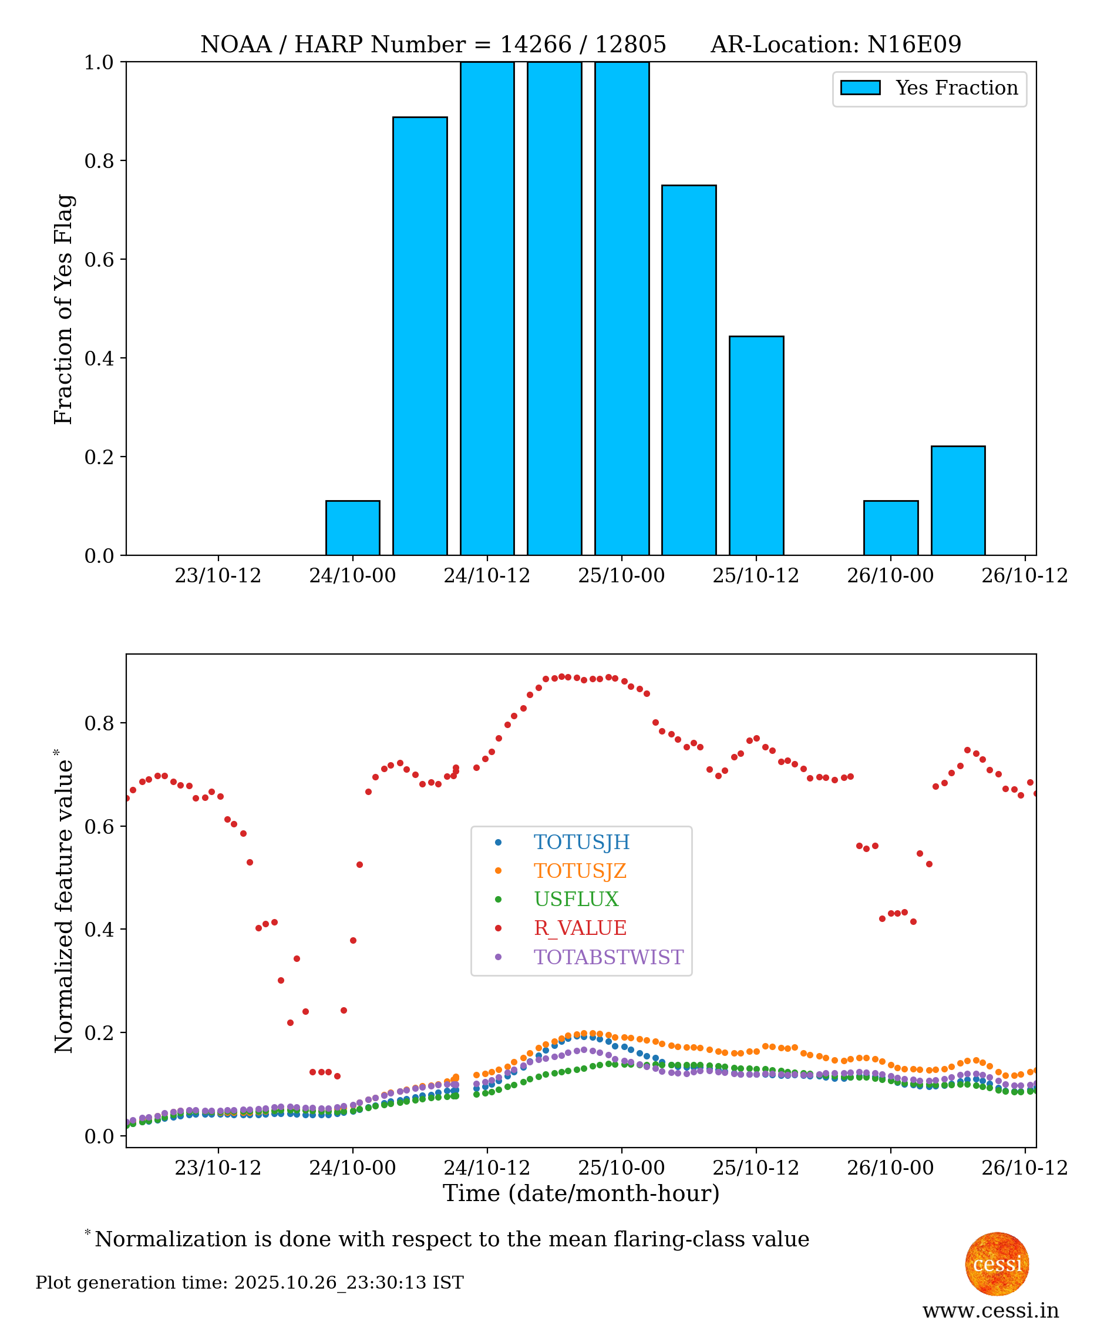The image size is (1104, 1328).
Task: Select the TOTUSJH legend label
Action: click(581, 842)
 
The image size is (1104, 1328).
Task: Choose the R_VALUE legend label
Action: click(580, 928)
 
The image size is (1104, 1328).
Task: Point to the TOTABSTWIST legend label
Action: click(608, 957)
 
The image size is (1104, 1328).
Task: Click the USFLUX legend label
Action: click(575, 899)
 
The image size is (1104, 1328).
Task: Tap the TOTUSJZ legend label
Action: click(580, 871)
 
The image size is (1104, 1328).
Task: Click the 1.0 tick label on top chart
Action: click(99, 63)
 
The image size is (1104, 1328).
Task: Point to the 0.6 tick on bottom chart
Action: click(99, 827)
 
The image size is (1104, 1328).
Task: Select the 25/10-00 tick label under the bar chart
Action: click(621, 575)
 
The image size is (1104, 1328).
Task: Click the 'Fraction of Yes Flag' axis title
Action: click(64, 309)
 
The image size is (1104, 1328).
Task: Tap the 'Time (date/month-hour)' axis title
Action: click(581, 1193)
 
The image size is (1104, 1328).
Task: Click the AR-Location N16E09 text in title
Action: click(836, 44)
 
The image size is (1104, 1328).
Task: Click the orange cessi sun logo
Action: click(997, 1264)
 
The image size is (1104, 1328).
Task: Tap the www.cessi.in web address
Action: click(990, 1311)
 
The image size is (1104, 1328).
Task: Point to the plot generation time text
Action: click(250, 1283)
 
